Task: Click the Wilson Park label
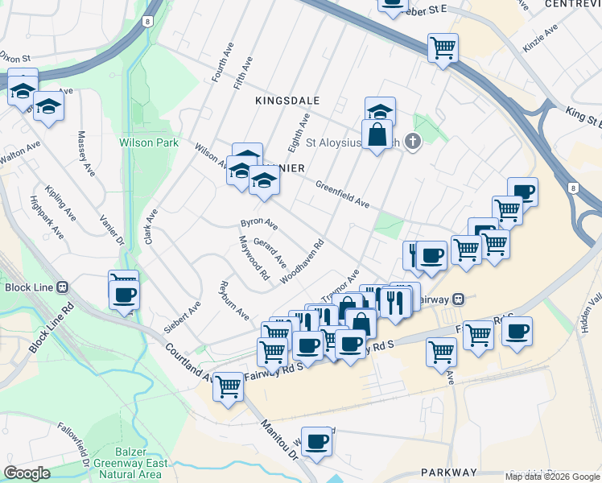click(x=149, y=142)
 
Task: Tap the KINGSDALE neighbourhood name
click(x=287, y=101)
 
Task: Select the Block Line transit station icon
click(x=63, y=287)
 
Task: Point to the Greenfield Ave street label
click(x=342, y=194)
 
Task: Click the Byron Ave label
click(x=259, y=224)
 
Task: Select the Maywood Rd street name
click(x=253, y=258)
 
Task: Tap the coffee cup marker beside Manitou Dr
click(x=318, y=442)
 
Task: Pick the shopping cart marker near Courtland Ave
click(x=229, y=388)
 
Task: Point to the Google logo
click(x=27, y=473)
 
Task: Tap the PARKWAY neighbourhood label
click(x=449, y=473)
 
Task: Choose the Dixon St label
click(x=15, y=58)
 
